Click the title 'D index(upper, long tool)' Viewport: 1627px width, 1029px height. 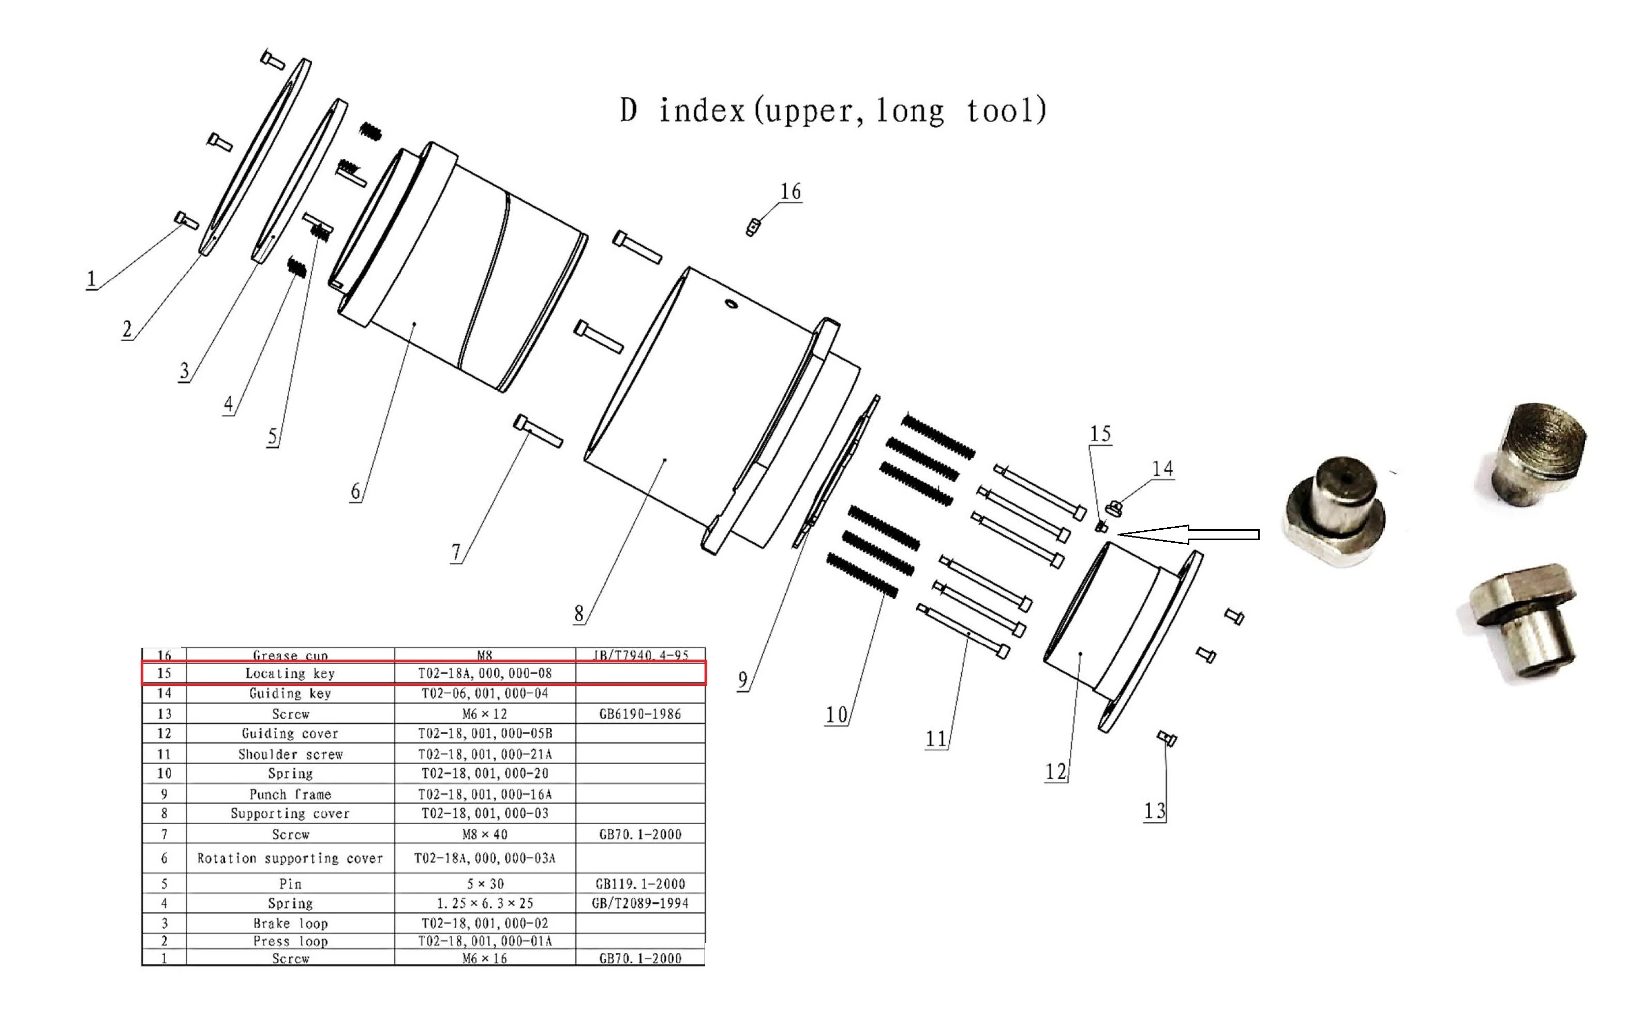[833, 111]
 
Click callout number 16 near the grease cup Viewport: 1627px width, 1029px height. [790, 192]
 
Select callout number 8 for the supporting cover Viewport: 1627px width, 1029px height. [579, 614]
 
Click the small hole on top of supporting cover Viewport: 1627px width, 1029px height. [731, 304]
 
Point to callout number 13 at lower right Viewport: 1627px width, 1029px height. [1155, 811]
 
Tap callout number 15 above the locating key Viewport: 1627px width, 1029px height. [1100, 434]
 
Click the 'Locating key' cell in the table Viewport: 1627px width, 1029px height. [290, 674]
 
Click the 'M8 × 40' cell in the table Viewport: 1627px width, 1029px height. [484, 834]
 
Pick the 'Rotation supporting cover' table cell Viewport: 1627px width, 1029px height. [290, 859]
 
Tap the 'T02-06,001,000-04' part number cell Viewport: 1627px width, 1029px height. [484, 694]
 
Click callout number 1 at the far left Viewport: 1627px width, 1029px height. [91, 279]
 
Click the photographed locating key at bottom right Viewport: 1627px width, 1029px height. [1524, 621]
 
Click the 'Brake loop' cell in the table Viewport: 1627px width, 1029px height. [290, 923]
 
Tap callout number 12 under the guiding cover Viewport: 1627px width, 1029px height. [1055, 771]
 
